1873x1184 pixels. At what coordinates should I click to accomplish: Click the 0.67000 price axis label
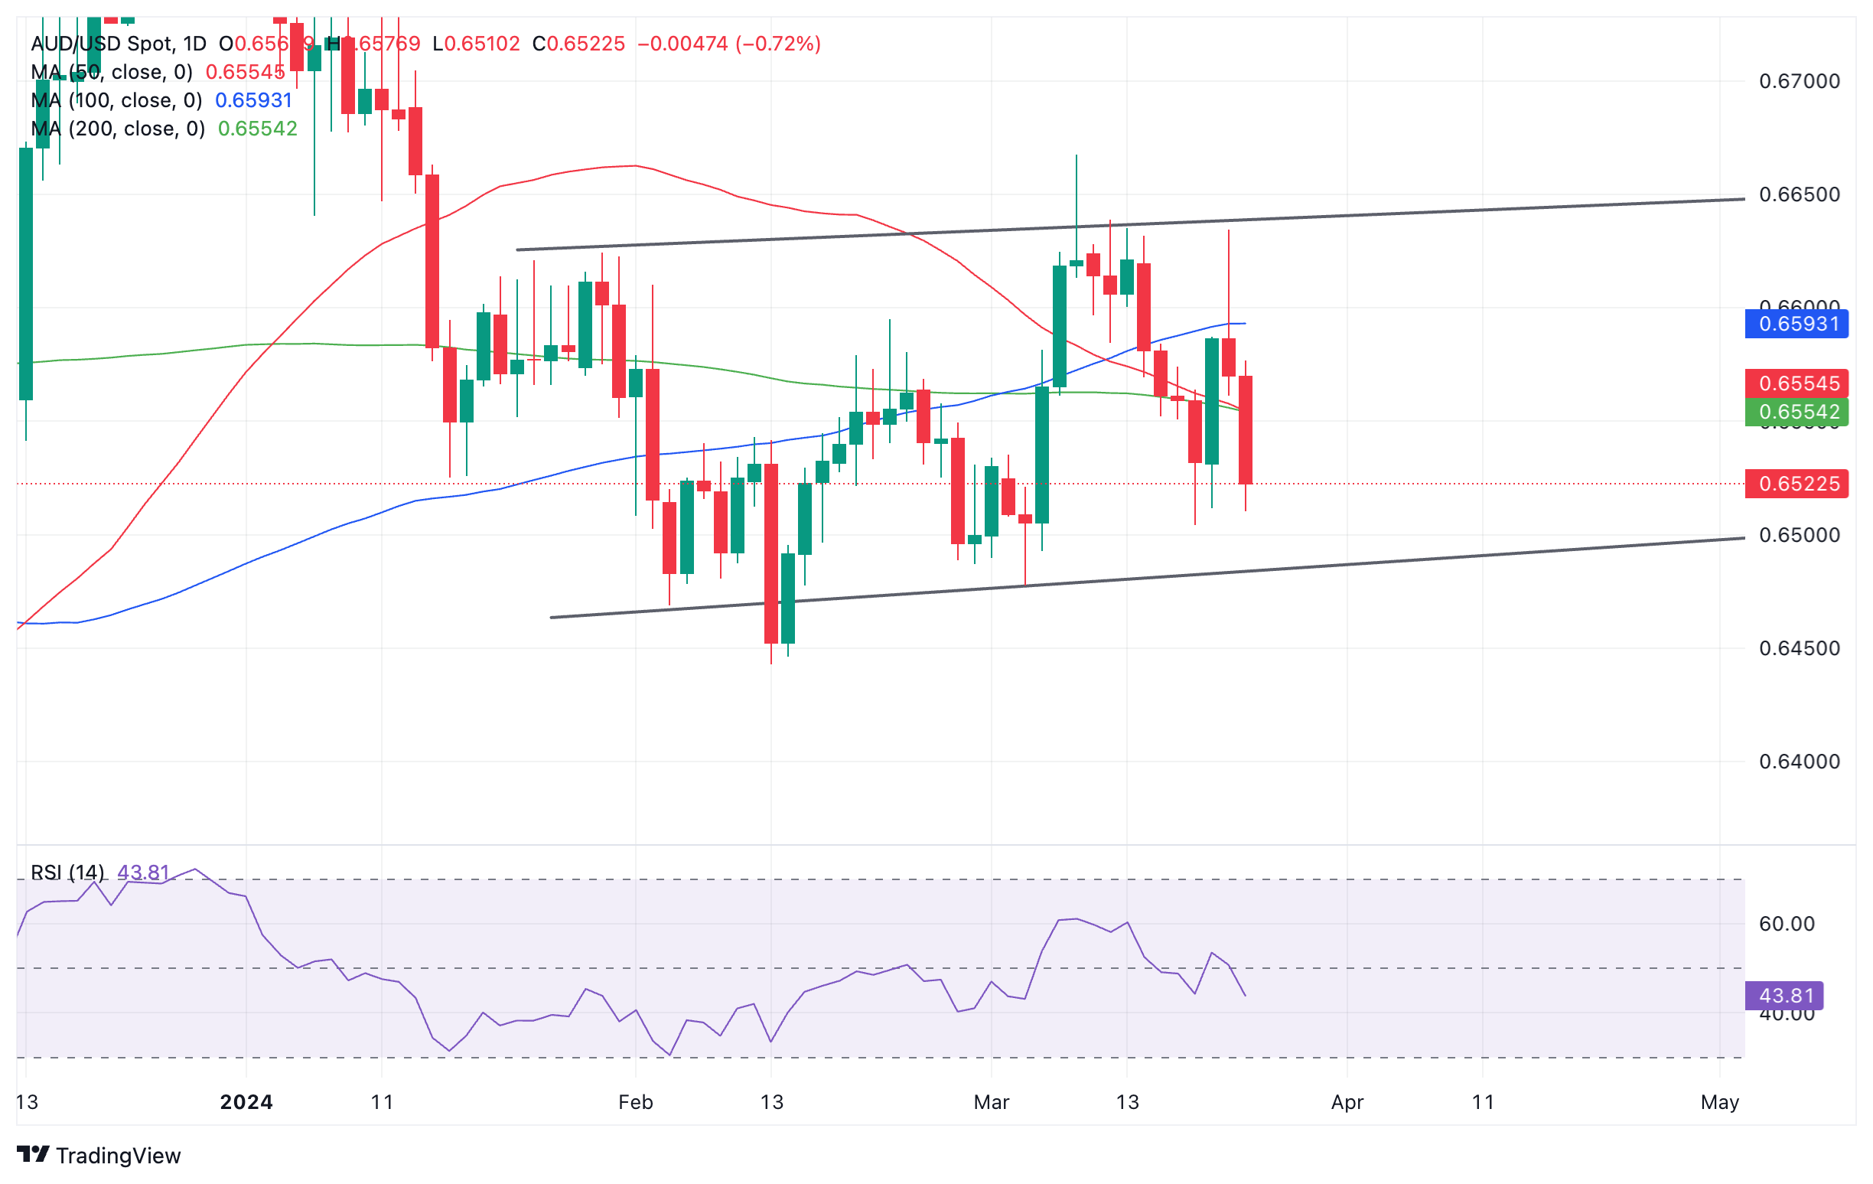1799,81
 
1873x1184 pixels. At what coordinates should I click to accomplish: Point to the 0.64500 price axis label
1799,648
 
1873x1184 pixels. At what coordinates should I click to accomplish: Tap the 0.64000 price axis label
1799,761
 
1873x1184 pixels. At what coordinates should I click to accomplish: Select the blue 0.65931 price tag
1796,324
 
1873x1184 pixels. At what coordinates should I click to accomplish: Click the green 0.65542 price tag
1796,412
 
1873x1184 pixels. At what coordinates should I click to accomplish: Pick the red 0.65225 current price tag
1796,484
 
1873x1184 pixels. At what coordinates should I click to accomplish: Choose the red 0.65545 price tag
1796,383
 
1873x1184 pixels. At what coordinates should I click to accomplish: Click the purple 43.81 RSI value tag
1785,996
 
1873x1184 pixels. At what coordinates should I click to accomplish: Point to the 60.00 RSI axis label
1786,923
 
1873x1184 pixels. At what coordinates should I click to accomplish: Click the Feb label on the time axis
636,1102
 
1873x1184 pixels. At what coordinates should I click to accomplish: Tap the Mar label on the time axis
991,1102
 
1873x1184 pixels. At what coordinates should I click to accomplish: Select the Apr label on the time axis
1347,1102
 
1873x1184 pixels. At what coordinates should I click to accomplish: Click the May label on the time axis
1719,1102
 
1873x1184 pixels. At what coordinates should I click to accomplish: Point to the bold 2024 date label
246,1102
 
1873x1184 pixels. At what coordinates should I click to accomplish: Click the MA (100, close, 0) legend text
116,100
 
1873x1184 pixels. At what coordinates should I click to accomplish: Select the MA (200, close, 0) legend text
119,129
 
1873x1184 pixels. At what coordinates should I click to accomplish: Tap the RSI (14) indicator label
67,872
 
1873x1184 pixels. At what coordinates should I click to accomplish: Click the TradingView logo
99,1155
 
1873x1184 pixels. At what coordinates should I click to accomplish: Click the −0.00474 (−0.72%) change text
729,44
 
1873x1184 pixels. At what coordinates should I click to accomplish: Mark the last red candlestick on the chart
1246,429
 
